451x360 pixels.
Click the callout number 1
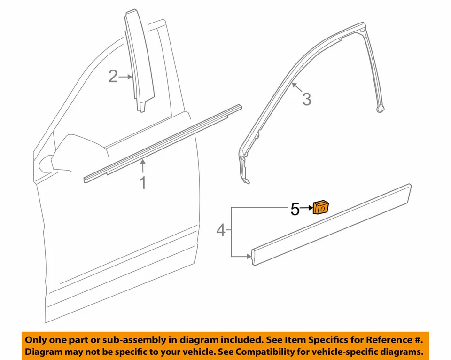pos(143,182)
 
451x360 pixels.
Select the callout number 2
pos(113,76)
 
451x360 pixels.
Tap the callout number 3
pos(306,99)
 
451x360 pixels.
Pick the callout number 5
pos(295,209)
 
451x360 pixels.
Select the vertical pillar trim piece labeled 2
pos(137,61)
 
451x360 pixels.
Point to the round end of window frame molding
pos(382,109)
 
